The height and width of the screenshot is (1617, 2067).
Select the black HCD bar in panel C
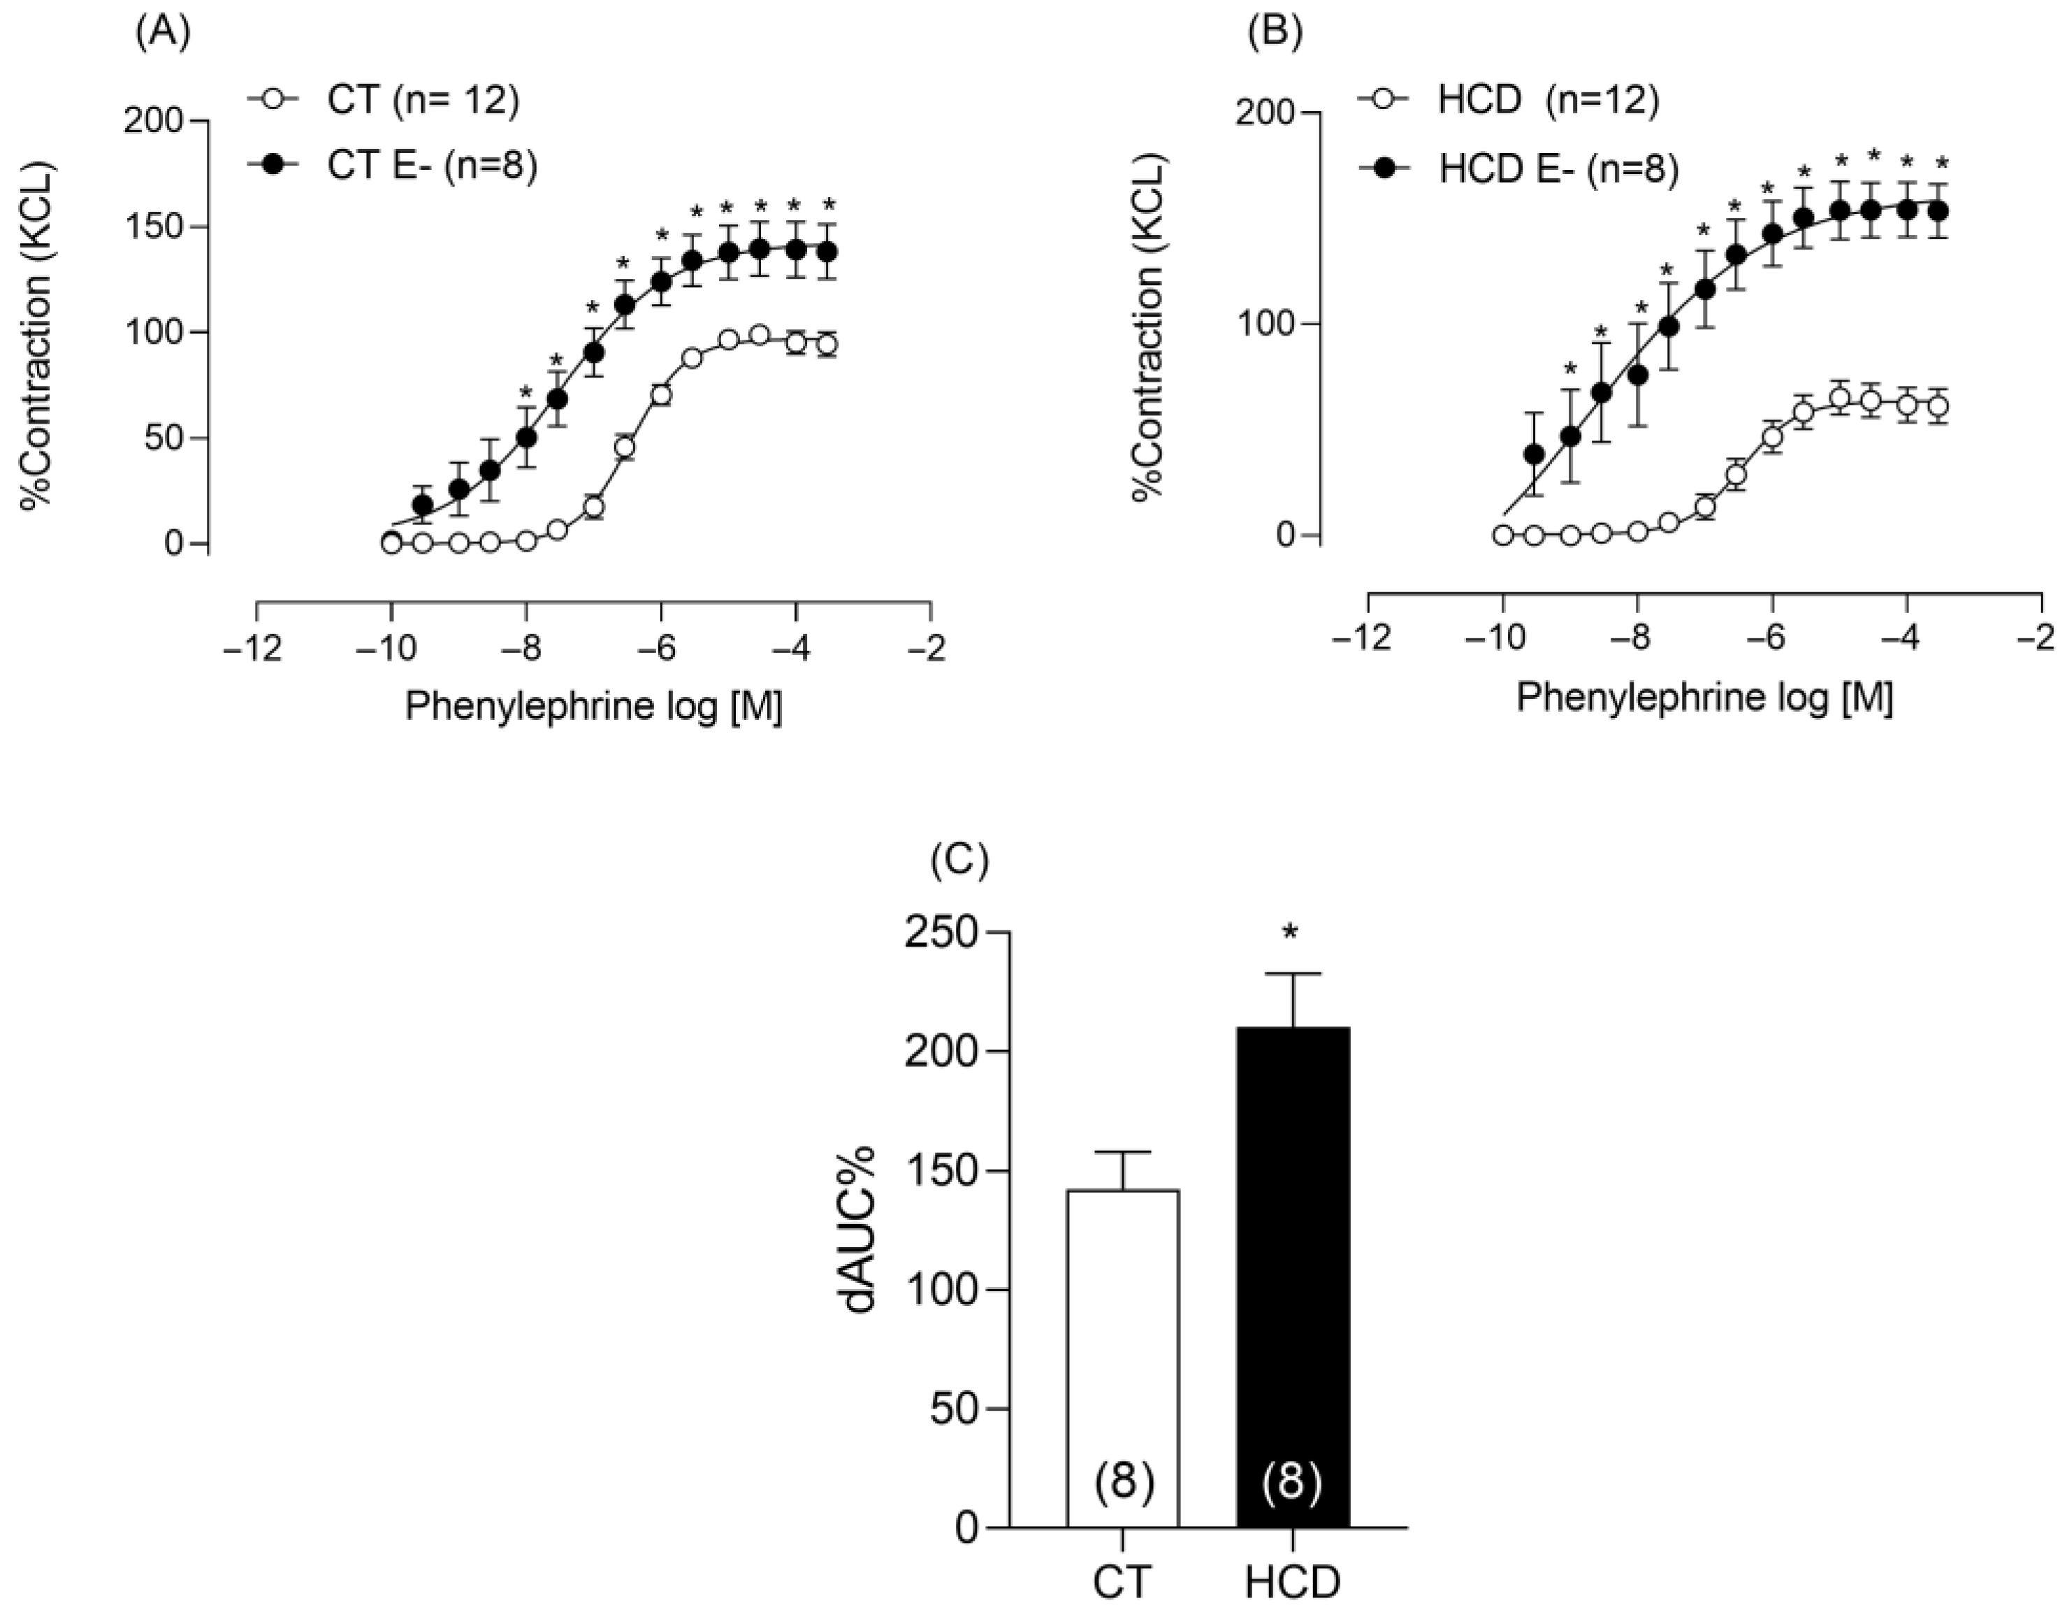[x=1292, y=1278]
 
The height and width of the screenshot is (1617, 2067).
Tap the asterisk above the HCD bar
[x=1290, y=933]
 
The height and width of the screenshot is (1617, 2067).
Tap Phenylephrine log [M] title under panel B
[x=1704, y=698]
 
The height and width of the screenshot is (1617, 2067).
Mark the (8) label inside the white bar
[x=1124, y=1483]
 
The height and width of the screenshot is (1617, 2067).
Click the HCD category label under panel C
[x=1292, y=1584]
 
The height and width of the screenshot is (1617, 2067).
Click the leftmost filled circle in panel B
[x=1534, y=454]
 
